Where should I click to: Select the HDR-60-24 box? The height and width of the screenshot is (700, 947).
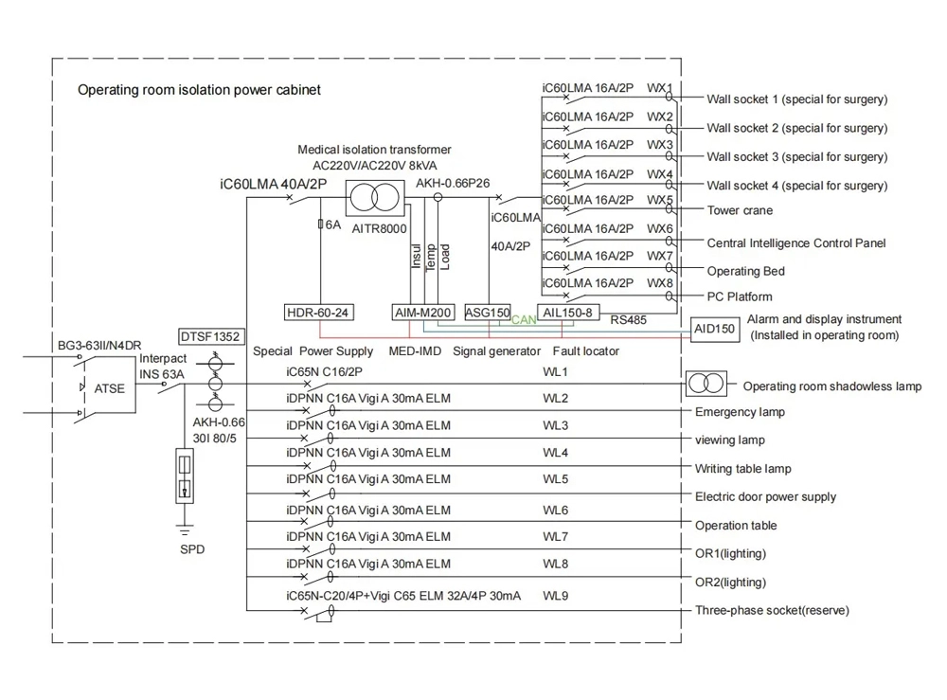(x=320, y=313)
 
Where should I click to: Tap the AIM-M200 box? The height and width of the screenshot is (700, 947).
(x=422, y=313)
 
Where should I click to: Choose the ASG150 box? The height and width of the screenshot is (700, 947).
(x=488, y=313)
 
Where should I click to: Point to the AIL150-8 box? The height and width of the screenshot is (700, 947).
(x=568, y=313)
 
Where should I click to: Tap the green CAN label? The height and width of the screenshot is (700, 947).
(x=523, y=321)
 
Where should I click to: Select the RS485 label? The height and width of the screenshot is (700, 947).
(x=629, y=321)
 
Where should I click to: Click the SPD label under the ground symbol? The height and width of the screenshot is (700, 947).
(x=192, y=549)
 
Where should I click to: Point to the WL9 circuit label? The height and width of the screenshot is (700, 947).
(x=555, y=596)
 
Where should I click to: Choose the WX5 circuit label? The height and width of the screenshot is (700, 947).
(x=660, y=201)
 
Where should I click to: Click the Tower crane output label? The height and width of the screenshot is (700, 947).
(x=740, y=210)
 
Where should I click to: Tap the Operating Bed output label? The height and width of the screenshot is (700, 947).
(x=746, y=272)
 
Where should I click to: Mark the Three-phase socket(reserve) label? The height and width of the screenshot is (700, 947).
(x=772, y=611)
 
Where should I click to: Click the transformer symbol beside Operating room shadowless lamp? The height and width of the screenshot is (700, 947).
(x=706, y=385)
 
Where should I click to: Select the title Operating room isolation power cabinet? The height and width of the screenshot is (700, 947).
(x=199, y=91)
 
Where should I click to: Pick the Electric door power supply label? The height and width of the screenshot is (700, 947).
(x=765, y=497)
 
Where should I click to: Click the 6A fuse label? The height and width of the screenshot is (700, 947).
(x=331, y=225)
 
